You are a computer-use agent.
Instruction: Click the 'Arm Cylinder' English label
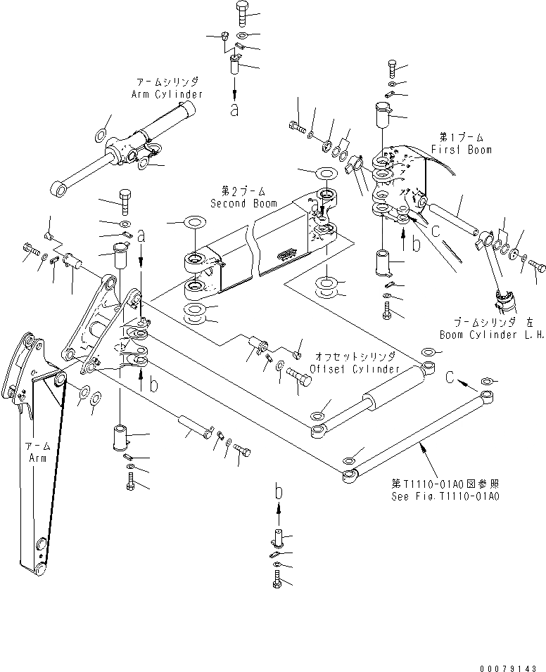(167, 93)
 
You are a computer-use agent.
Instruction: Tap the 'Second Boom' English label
(238, 203)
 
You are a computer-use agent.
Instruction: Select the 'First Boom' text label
(466, 150)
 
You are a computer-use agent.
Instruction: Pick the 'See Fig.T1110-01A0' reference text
(445, 496)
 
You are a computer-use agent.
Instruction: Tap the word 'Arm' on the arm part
(37, 458)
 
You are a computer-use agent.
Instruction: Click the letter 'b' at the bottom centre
(279, 493)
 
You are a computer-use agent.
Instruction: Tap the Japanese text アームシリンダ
(167, 82)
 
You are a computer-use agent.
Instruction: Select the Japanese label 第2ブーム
(238, 192)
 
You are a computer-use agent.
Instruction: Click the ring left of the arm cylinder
(101, 134)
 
